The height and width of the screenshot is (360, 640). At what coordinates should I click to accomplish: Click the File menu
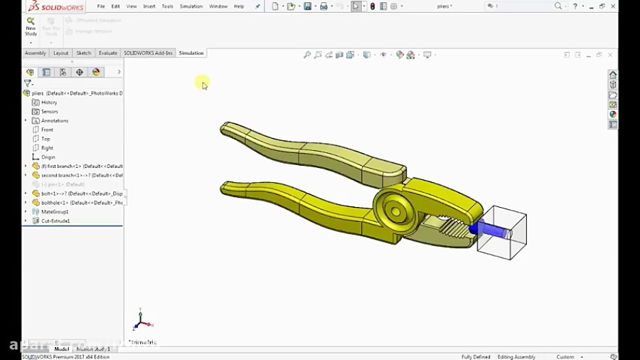(101, 6)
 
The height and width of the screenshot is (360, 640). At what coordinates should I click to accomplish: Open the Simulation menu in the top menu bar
(191, 6)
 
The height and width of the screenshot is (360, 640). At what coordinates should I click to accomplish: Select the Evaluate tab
(108, 53)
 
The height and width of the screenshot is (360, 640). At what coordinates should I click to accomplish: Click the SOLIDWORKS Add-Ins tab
(148, 53)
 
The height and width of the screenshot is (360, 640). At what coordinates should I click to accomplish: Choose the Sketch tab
(84, 53)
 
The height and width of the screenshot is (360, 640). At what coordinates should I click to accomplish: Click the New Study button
(31, 26)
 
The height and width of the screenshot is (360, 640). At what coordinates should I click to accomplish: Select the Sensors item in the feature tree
(49, 112)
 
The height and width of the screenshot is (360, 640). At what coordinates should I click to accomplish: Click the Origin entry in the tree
(48, 157)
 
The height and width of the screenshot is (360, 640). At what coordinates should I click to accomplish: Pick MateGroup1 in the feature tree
(55, 212)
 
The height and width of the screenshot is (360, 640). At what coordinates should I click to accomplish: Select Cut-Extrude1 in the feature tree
(55, 221)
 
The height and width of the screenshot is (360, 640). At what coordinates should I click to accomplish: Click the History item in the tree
(49, 102)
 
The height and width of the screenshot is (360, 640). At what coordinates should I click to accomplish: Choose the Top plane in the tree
(46, 139)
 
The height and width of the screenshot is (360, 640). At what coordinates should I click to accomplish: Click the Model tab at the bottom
(62, 349)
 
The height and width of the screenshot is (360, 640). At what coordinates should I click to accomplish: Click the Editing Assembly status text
(516, 356)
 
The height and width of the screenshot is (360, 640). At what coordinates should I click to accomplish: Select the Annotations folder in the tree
(54, 121)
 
